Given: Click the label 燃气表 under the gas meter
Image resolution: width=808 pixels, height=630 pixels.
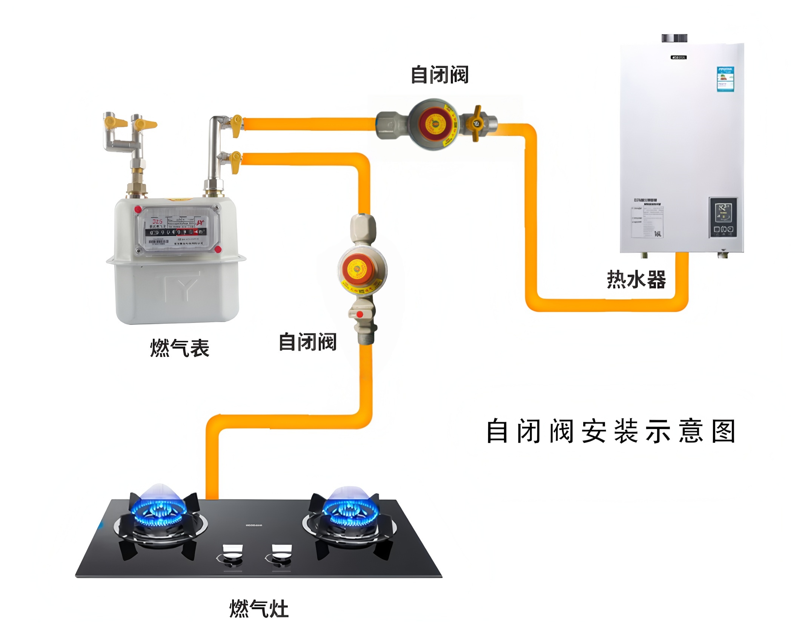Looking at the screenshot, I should (x=180, y=348).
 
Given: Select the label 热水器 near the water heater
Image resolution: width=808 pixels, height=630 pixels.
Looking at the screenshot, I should (x=636, y=280).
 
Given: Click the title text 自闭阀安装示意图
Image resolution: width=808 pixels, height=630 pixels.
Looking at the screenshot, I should (x=611, y=431).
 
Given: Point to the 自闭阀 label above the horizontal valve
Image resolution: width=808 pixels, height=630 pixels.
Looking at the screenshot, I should (x=439, y=75).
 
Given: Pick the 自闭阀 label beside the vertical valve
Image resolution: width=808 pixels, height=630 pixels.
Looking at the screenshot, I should (x=307, y=342).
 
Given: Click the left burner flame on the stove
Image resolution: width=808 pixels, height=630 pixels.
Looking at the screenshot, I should (x=161, y=510).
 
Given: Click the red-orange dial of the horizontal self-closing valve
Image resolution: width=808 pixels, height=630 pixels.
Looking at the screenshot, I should (x=434, y=124).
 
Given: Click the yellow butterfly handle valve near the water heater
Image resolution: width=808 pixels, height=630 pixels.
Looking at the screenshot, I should (x=476, y=122).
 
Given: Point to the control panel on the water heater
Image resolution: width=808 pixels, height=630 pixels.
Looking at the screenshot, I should (x=723, y=218).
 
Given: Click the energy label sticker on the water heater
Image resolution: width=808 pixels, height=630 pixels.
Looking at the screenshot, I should (x=725, y=79).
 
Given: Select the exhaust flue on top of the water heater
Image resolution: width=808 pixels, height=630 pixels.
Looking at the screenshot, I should (x=674, y=38).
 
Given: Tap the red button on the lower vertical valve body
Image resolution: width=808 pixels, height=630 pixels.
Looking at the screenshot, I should (x=360, y=314).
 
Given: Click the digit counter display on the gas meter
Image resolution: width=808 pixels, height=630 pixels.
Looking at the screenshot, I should (x=176, y=232).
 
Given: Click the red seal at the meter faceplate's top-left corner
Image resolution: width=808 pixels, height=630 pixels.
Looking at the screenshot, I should (x=138, y=209).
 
